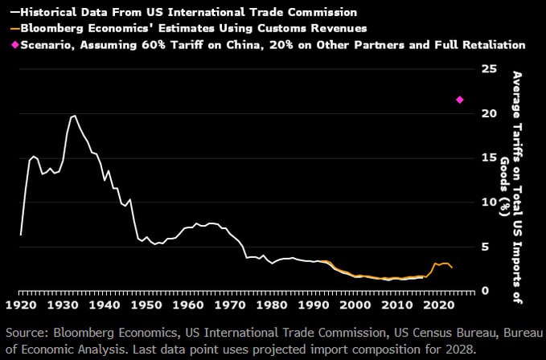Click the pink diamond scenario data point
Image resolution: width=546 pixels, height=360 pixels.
pos(460,100)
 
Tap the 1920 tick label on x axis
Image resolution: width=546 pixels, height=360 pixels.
pos(20,306)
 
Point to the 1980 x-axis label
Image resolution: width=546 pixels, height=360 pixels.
pos(274,306)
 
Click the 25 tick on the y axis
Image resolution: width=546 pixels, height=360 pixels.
pos(488,69)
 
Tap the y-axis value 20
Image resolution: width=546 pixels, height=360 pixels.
pos(488,113)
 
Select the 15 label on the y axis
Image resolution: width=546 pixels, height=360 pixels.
pos(488,157)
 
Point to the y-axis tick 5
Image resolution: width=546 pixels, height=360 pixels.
pos(485,247)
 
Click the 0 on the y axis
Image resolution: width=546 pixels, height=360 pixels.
pos(485,291)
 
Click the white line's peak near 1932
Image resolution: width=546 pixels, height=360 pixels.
pos(74,116)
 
